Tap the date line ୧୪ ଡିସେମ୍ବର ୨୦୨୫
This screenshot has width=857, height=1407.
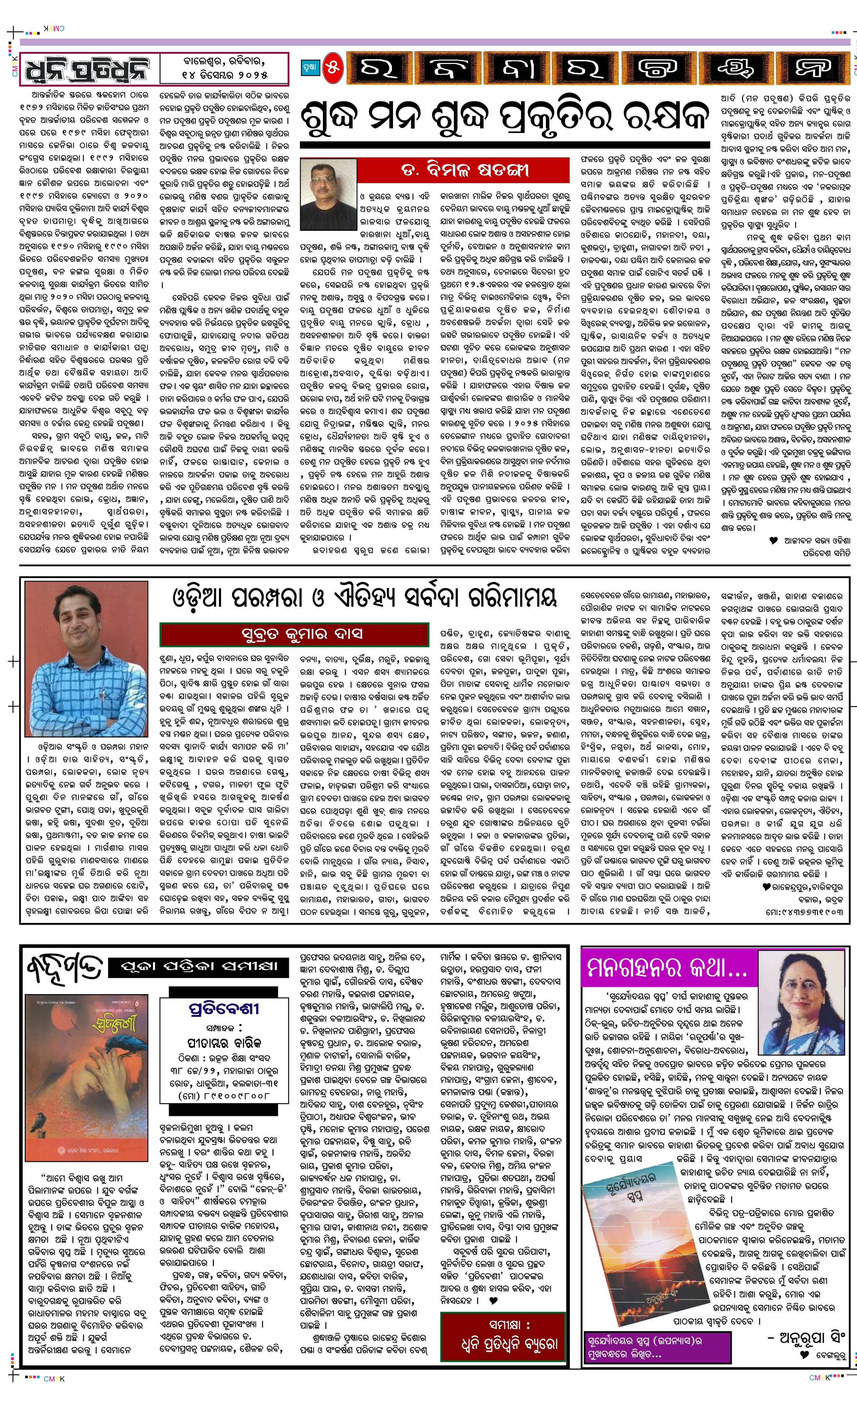point(225,75)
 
